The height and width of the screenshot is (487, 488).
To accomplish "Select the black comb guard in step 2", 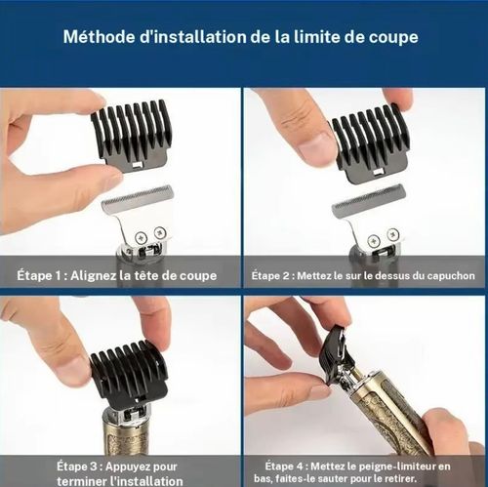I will coord(370,142).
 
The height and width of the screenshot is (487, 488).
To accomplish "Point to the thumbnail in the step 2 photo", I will coord(313,146).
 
